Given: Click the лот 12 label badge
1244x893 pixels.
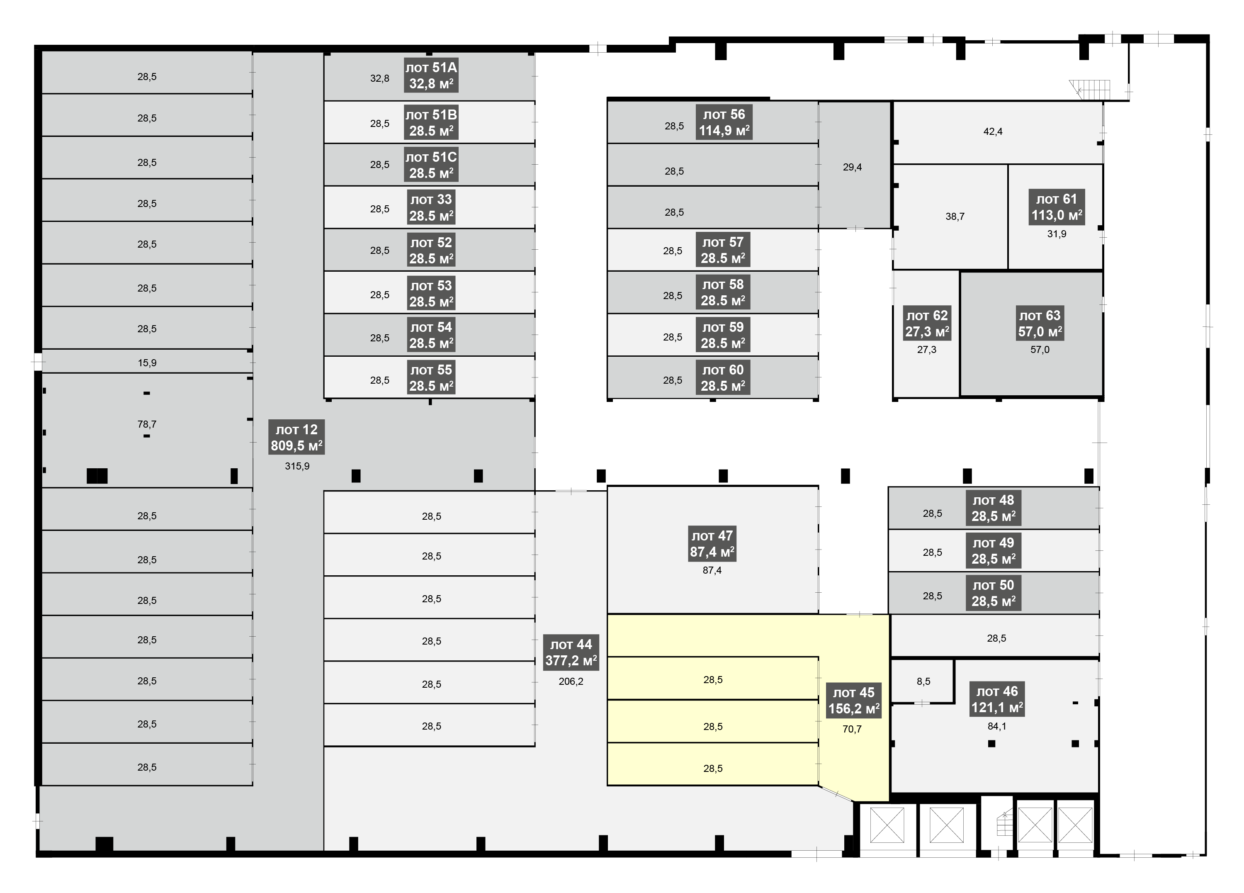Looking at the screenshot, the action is pyautogui.click(x=297, y=437).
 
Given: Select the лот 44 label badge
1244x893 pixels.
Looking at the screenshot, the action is pyautogui.click(x=571, y=652).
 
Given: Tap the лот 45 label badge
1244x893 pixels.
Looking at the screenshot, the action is pyautogui.click(x=854, y=701).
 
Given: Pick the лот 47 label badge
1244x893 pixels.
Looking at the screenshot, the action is pyautogui.click(x=712, y=544).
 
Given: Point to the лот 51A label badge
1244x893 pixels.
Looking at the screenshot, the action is pyautogui.click(x=431, y=75).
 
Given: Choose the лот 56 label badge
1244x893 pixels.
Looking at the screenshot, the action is pyautogui.click(x=724, y=122).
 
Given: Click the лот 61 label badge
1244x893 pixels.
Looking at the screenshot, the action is pyautogui.click(x=1057, y=207).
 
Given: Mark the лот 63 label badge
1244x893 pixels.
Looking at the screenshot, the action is pyautogui.click(x=1040, y=323).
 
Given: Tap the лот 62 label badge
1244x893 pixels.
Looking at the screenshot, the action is pyautogui.click(x=927, y=323).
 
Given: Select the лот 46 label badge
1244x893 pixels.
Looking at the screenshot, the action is pyautogui.click(x=997, y=699).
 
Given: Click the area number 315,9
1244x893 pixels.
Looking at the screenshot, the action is pyautogui.click(x=297, y=466).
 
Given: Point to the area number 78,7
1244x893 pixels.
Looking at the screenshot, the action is pyautogui.click(x=147, y=424).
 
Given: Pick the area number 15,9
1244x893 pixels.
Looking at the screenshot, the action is pyautogui.click(x=147, y=363).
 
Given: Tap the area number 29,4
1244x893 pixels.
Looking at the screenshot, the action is pyautogui.click(x=853, y=167).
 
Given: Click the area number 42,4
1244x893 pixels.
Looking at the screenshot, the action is pyautogui.click(x=993, y=131).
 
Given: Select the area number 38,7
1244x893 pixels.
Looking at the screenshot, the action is pyautogui.click(x=955, y=217).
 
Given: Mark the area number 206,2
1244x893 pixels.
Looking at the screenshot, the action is pyautogui.click(x=571, y=681).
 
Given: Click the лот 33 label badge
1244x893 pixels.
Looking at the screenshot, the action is pyautogui.click(x=431, y=207).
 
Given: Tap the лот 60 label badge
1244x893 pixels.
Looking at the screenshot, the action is pyautogui.click(x=723, y=377).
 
